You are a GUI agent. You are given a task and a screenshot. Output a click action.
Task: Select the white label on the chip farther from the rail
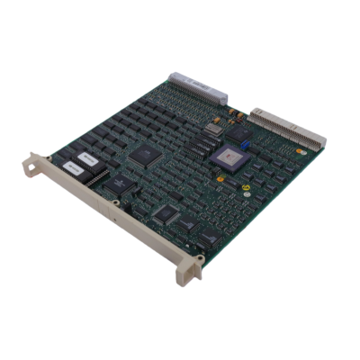(x=87, y=158)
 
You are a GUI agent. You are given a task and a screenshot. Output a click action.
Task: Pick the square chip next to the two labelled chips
(x=120, y=185)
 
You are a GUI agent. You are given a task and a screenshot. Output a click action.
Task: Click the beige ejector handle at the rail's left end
(x=38, y=165)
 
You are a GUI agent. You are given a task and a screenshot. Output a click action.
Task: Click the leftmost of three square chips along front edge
(x=164, y=214)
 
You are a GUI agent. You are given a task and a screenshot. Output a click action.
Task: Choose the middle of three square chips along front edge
(x=187, y=225)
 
